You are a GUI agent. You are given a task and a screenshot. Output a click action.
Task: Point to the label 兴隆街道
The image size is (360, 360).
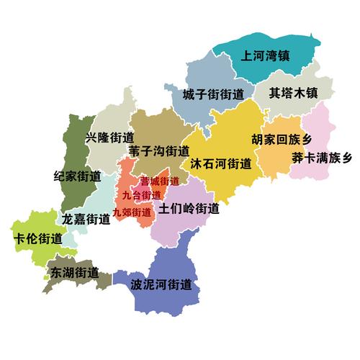coord(109,137)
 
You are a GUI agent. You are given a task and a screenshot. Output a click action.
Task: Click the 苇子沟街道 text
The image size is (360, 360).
coord(159,151)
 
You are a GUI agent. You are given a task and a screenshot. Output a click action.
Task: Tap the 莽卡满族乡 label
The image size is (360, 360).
coord(322,158)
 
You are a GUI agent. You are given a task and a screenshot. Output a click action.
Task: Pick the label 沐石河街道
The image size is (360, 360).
coord(220,163)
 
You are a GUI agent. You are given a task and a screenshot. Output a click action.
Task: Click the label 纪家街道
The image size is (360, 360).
coord(77,176)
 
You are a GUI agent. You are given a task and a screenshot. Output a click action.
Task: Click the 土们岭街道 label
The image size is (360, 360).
coord(189,210)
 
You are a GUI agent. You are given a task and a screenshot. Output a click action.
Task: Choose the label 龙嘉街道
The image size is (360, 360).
coord(86,219)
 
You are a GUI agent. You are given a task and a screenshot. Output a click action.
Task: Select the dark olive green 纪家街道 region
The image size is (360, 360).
coord(72,144)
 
